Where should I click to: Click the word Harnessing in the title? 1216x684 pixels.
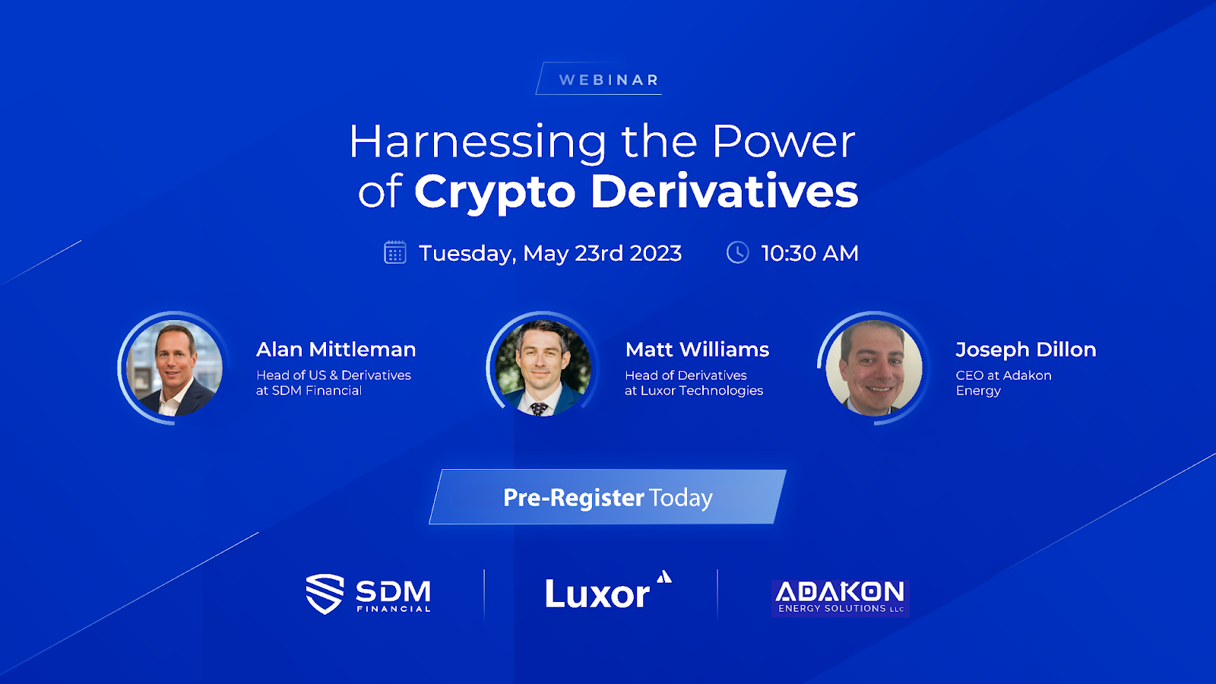(478, 142)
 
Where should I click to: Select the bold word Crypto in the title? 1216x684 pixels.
(495, 193)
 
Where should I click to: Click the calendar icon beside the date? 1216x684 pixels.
(395, 252)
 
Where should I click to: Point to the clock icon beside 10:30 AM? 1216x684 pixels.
(738, 252)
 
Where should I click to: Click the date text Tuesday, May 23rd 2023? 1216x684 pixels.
(550, 254)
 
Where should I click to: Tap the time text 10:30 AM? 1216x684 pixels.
(810, 254)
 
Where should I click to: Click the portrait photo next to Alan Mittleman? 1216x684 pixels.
(174, 368)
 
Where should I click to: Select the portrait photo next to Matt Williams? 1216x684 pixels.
(543, 368)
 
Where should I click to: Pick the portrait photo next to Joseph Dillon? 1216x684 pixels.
(874, 368)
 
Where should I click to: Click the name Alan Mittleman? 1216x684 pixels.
(336, 350)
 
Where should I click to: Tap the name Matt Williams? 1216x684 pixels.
(697, 350)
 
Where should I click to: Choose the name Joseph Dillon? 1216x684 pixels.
(1026, 350)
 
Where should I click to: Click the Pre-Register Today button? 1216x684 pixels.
(607, 497)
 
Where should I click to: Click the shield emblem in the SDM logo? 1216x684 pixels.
(325, 594)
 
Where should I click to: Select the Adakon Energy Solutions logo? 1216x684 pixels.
(841, 598)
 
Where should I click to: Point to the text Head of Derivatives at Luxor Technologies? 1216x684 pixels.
(694, 383)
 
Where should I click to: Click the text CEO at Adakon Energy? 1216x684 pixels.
(1004, 383)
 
